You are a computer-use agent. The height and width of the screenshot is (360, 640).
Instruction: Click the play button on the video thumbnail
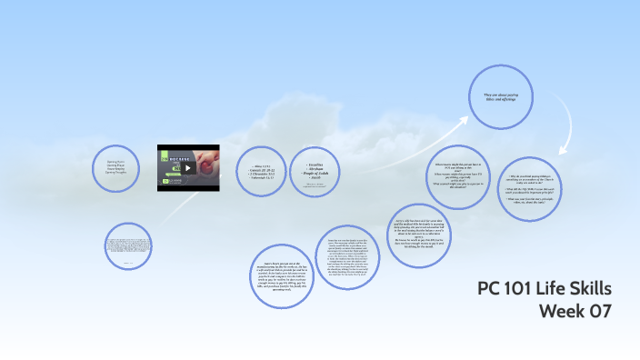188,167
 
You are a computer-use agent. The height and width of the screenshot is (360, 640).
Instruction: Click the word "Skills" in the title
592,289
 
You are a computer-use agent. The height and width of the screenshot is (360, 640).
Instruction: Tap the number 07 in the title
601,311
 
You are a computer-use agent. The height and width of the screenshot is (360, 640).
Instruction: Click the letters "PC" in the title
490,289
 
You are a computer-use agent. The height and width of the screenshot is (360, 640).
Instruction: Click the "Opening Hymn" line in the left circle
115,159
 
